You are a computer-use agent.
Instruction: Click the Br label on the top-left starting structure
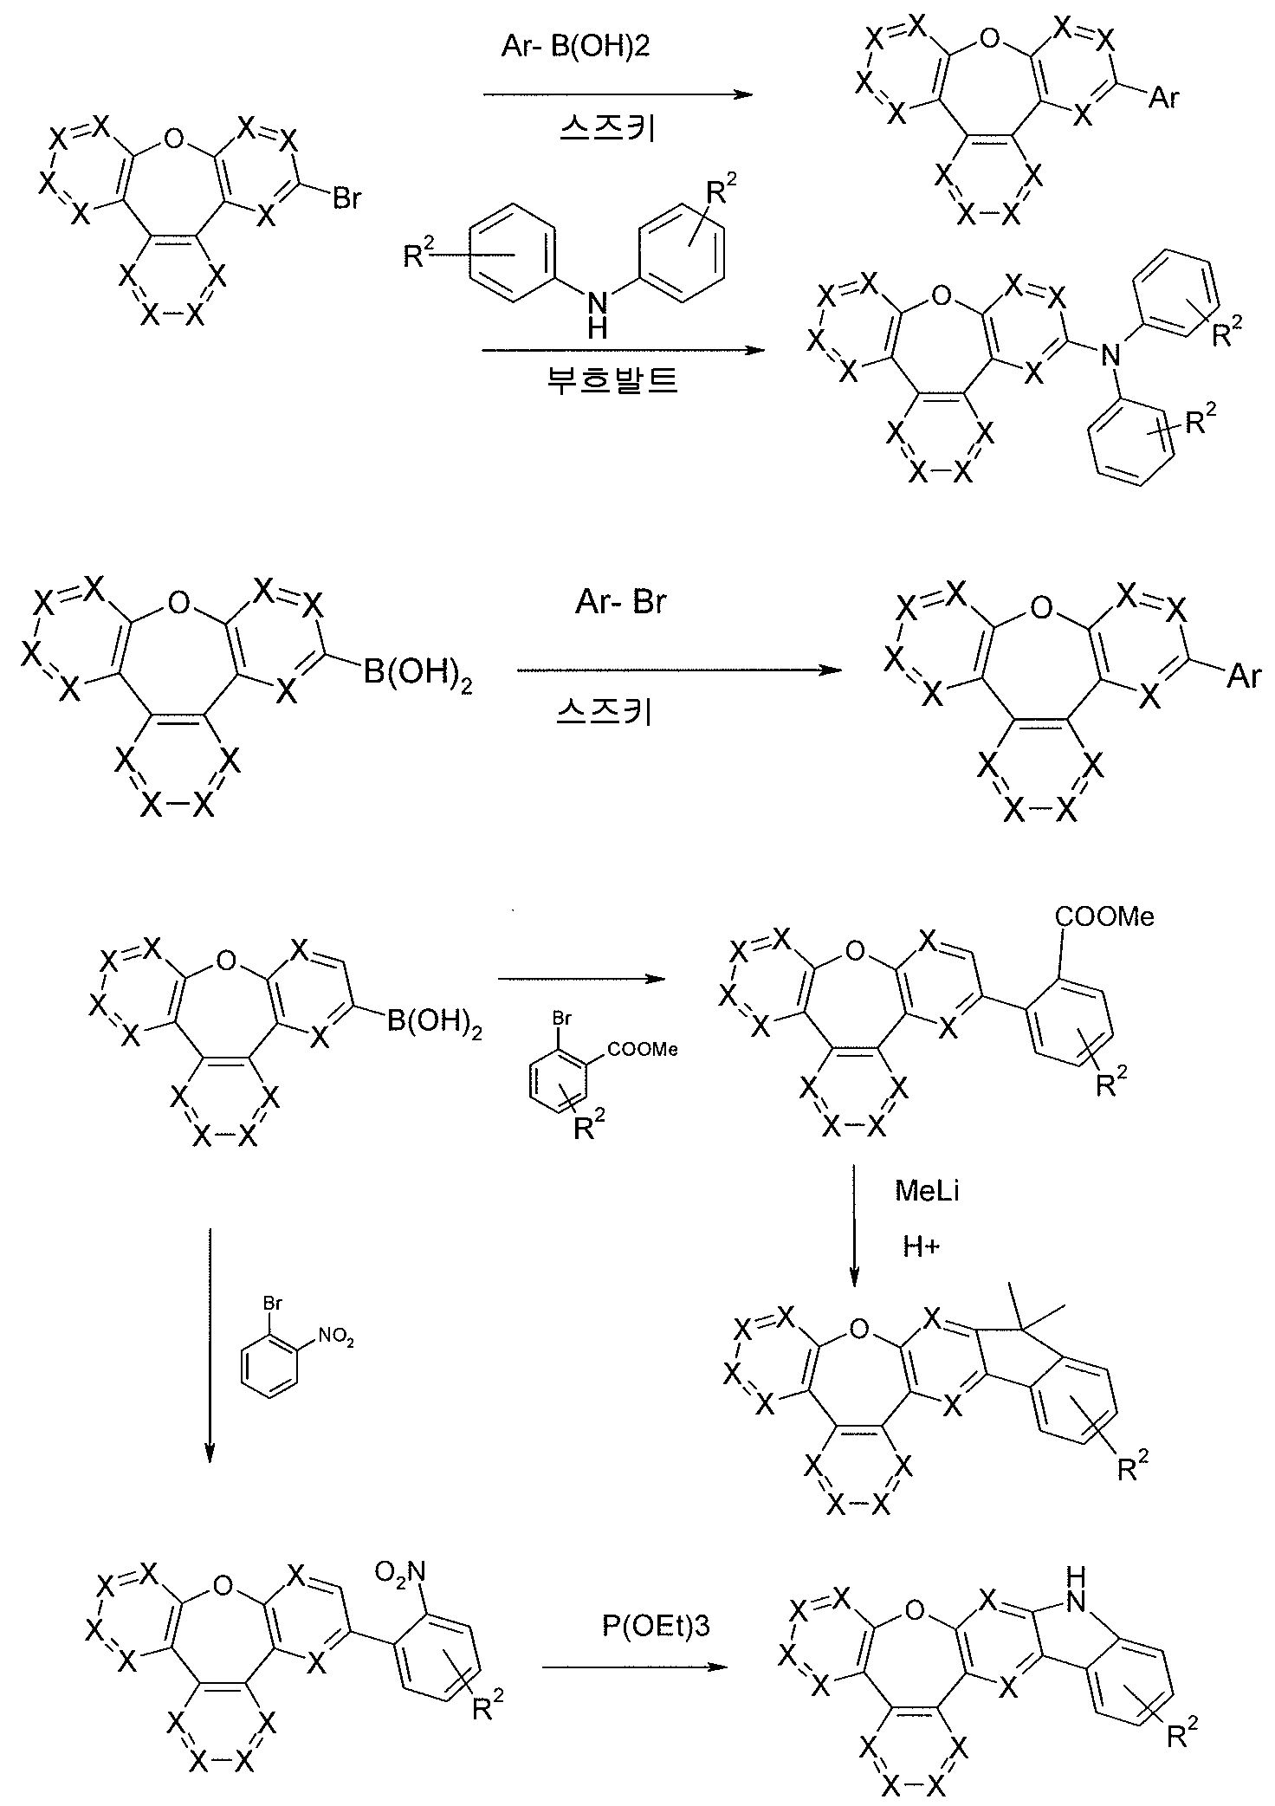[x=346, y=198]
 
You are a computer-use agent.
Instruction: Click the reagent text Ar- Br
[x=621, y=602]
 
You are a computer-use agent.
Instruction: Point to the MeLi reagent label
[x=927, y=1191]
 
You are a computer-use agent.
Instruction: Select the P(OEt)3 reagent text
[x=656, y=1627]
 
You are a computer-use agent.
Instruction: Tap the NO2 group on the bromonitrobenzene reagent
[x=336, y=1339]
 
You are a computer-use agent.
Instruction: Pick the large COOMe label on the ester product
[x=1104, y=916]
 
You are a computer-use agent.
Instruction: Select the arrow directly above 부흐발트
[x=625, y=351]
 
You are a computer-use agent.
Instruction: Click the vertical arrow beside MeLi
[x=854, y=1224]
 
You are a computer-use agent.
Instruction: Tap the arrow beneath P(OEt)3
[x=633, y=1667]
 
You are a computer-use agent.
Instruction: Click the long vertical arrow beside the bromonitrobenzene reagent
[x=210, y=1344]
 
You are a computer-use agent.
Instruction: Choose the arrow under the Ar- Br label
[x=679, y=670]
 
